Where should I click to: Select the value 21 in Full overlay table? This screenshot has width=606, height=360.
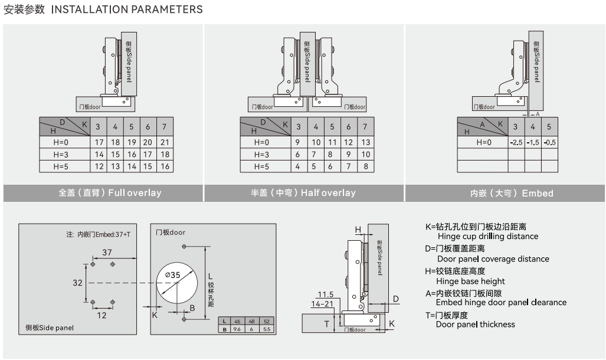pos(165,142)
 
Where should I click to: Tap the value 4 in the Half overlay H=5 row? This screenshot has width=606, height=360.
pos(298,166)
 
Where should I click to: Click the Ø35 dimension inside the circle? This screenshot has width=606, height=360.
pos(172,274)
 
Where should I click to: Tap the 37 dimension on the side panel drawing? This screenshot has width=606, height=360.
pos(107,253)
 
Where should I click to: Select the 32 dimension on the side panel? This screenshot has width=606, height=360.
pos(77,283)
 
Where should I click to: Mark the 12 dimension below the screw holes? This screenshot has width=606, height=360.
pos(101,315)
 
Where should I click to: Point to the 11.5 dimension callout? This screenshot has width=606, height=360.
pos(325,294)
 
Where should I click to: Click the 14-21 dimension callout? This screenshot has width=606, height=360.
pos(322,303)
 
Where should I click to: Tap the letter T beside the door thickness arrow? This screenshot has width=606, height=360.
pos(326,324)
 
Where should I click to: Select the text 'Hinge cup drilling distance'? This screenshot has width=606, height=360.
pos(487,236)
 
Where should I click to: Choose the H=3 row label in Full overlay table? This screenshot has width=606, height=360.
pos(61,155)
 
